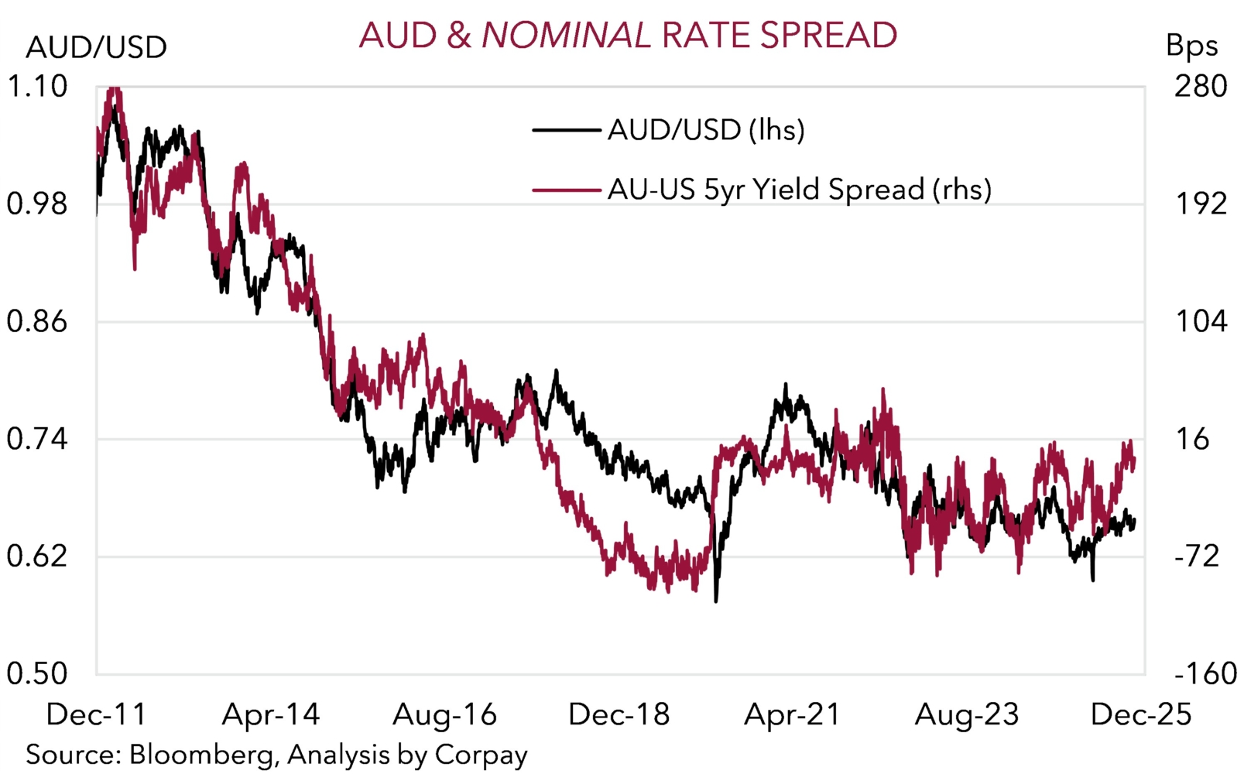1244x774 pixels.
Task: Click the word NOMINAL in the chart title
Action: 566,36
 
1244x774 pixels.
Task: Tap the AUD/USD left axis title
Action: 96,48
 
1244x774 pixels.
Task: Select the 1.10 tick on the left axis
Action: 37,86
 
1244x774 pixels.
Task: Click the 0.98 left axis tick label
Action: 37,204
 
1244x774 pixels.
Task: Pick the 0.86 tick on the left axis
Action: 37,321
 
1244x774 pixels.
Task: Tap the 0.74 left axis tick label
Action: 37,439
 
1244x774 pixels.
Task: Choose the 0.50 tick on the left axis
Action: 37,673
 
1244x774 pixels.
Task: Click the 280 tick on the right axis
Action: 1200,86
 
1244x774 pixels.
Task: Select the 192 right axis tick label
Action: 1200,204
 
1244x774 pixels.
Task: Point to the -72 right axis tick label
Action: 1197,557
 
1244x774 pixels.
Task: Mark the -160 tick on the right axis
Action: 1205,673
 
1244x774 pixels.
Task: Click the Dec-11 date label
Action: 96,714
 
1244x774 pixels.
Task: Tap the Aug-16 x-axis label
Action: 444,714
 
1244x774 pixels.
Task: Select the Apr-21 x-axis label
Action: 792,714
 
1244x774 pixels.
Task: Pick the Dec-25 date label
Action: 1141,714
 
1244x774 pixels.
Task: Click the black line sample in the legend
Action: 566,130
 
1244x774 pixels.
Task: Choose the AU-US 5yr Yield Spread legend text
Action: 799,190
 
